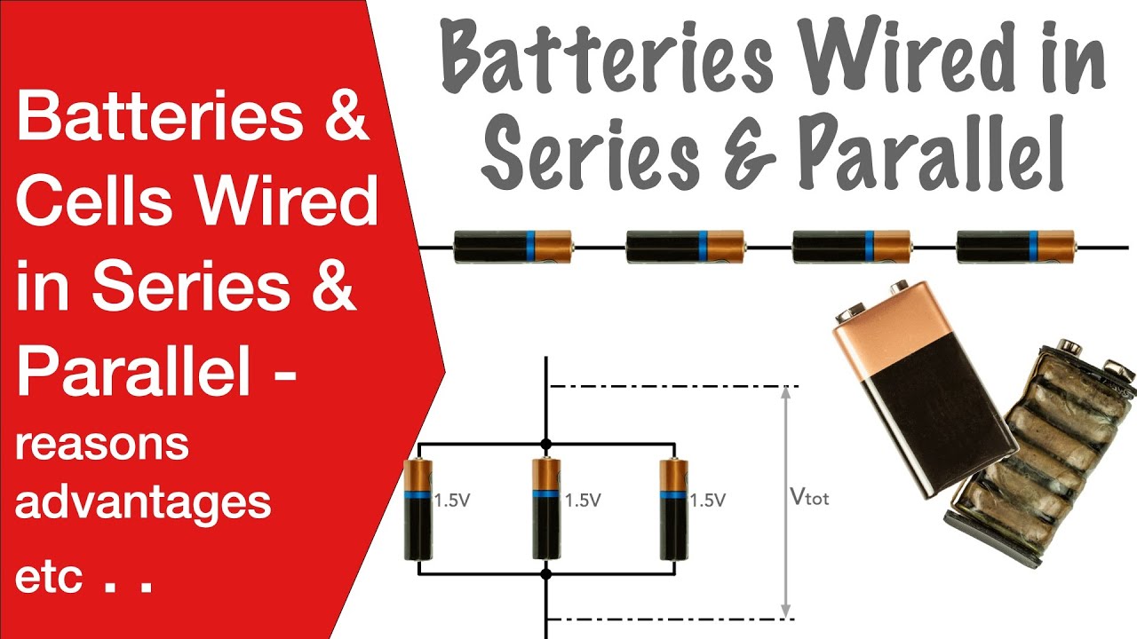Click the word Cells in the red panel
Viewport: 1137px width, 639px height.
[x=93, y=200]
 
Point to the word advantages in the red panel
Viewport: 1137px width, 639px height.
[x=143, y=503]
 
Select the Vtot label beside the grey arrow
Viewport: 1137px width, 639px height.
[x=809, y=497]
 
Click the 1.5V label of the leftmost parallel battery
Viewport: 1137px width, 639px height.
[x=452, y=501]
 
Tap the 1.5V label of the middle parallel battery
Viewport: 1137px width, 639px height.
[x=583, y=501]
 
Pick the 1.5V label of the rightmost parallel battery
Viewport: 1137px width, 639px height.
[x=708, y=501]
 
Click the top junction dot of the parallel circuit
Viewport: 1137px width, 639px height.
[x=545, y=445]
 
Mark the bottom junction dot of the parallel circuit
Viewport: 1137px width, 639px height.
[x=545, y=574]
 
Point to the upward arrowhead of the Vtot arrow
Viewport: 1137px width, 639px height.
[x=786, y=392]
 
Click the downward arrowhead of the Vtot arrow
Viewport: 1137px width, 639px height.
[x=786, y=611]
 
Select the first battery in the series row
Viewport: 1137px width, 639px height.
[x=513, y=247]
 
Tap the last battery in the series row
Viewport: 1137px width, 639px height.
[x=1016, y=247]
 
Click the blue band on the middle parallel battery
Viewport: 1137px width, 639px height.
[x=546, y=494]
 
